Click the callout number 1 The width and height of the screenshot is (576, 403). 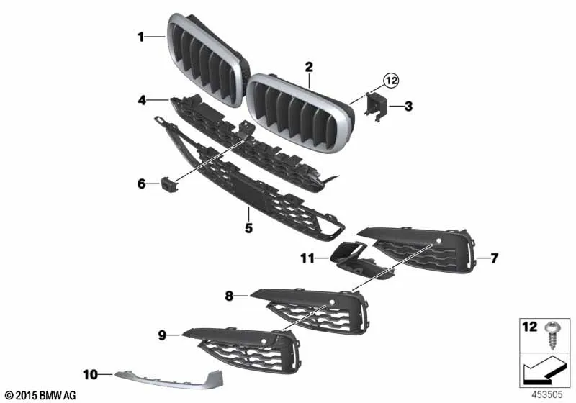pyautogui.click(x=141, y=37)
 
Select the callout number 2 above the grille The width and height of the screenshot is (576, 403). pyautogui.click(x=309, y=67)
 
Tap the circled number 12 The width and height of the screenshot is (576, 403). pyautogui.click(x=391, y=80)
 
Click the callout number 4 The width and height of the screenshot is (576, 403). pyautogui.click(x=142, y=100)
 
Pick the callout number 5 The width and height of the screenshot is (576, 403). pyautogui.click(x=248, y=228)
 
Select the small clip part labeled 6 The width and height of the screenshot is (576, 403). pyautogui.click(x=169, y=184)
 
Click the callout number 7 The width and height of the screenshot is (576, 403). pyautogui.click(x=494, y=258)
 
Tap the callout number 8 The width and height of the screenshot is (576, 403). pyautogui.click(x=229, y=296)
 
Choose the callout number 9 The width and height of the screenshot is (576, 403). pyautogui.click(x=162, y=335)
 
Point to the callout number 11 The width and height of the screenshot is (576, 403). pyautogui.click(x=307, y=258)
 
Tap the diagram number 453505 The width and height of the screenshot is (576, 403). pyautogui.click(x=547, y=394)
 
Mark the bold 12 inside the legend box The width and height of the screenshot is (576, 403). pyautogui.click(x=530, y=326)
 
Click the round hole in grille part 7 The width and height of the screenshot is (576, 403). pyautogui.click(x=438, y=241)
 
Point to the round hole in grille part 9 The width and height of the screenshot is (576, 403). pyautogui.click(x=263, y=341)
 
